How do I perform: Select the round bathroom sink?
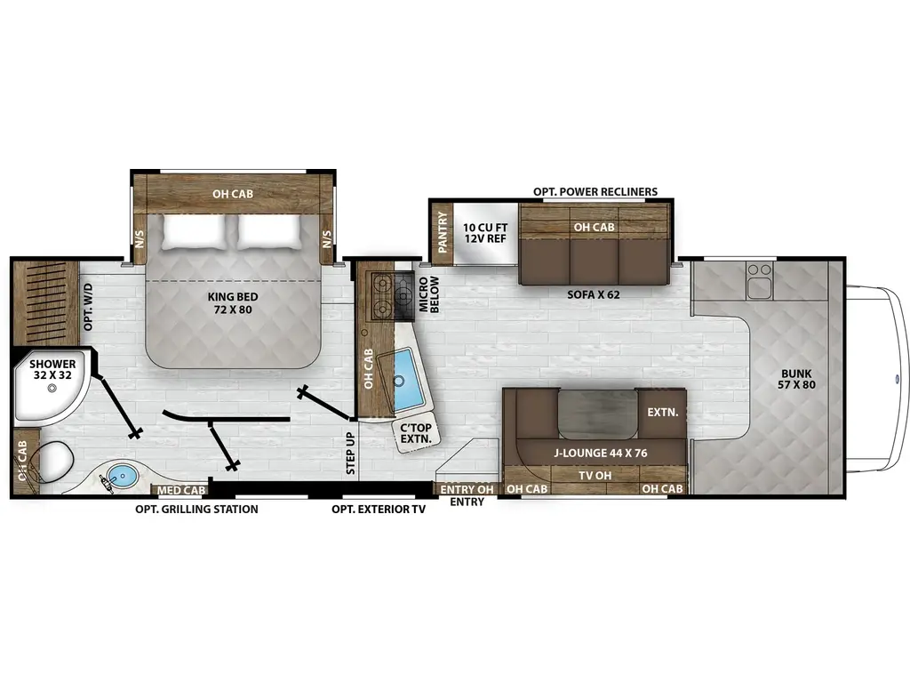[x=123, y=476]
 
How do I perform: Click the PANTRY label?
[x=440, y=231]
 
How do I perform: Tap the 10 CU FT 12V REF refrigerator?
[x=485, y=233]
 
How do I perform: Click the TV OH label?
[x=595, y=476]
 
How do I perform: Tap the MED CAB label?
[x=181, y=490]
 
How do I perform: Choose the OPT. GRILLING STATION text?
[x=196, y=510]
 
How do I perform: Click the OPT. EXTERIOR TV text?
[x=379, y=510]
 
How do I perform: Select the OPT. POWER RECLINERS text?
[x=595, y=191]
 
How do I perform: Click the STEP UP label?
[x=349, y=454]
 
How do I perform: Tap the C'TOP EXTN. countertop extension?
[x=415, y=435]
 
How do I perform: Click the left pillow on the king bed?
[x=195, y=233]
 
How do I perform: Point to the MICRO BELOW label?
[x=429, y=294]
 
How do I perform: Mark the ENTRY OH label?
[x=467, y=489]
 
